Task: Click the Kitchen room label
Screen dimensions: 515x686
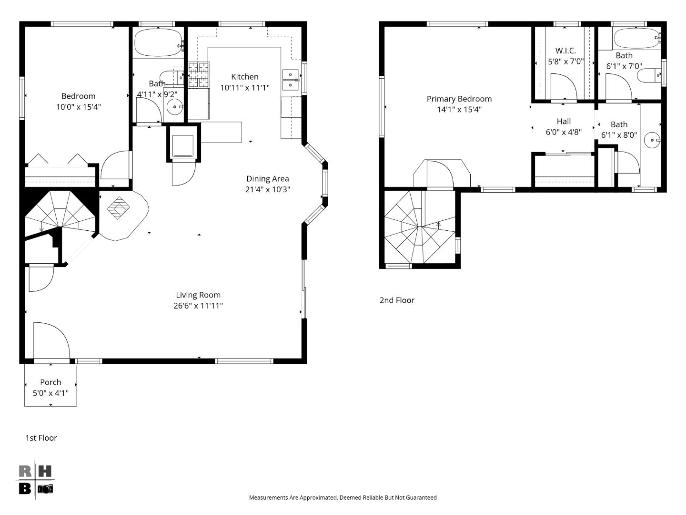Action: click(245, 77)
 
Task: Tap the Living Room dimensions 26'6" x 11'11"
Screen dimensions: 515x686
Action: click(198, 306)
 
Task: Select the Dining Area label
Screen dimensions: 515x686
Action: click(267, 179)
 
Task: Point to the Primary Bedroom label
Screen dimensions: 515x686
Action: click(459, 99)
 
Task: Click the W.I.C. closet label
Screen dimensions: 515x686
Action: click(565, 51)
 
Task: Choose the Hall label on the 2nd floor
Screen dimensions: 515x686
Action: click(564, 122)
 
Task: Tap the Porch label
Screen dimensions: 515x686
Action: click(50, 382)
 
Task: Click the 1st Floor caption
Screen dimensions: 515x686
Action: click(41, 438)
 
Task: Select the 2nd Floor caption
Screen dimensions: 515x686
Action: click(397, 300)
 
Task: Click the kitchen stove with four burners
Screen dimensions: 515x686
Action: click(199, 75)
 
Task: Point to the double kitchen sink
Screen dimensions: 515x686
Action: click(290, 80)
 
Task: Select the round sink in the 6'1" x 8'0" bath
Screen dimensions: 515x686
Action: click(651, 140)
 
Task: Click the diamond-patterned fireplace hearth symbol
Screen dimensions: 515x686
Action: click(119, 208)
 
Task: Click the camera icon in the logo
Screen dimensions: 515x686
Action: click(45, 489)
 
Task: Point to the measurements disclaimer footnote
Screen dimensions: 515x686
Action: click(343, 497)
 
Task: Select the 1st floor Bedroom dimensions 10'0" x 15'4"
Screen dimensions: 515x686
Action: click(79, 107)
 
